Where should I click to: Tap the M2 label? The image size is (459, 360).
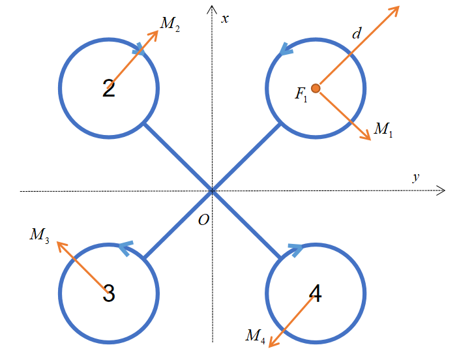coord(170,25)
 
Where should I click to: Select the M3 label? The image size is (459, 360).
coord(39,235)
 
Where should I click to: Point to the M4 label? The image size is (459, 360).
coord(255,336)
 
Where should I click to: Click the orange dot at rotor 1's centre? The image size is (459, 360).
coord(316,88)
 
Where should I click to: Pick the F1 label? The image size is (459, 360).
coord(301,95)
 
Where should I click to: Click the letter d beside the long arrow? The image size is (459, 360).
coord(356,33)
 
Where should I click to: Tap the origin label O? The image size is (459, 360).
coord(203,220)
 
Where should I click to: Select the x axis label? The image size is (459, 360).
coord(225,18)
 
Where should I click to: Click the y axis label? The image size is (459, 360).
coord(415,177)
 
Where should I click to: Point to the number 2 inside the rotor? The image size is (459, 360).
coord(109,89)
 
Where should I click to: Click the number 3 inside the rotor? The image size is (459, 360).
coord(109,293)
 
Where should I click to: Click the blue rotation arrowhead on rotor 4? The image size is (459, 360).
coord(295,247)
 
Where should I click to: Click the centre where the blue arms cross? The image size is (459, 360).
coord(212,191)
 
